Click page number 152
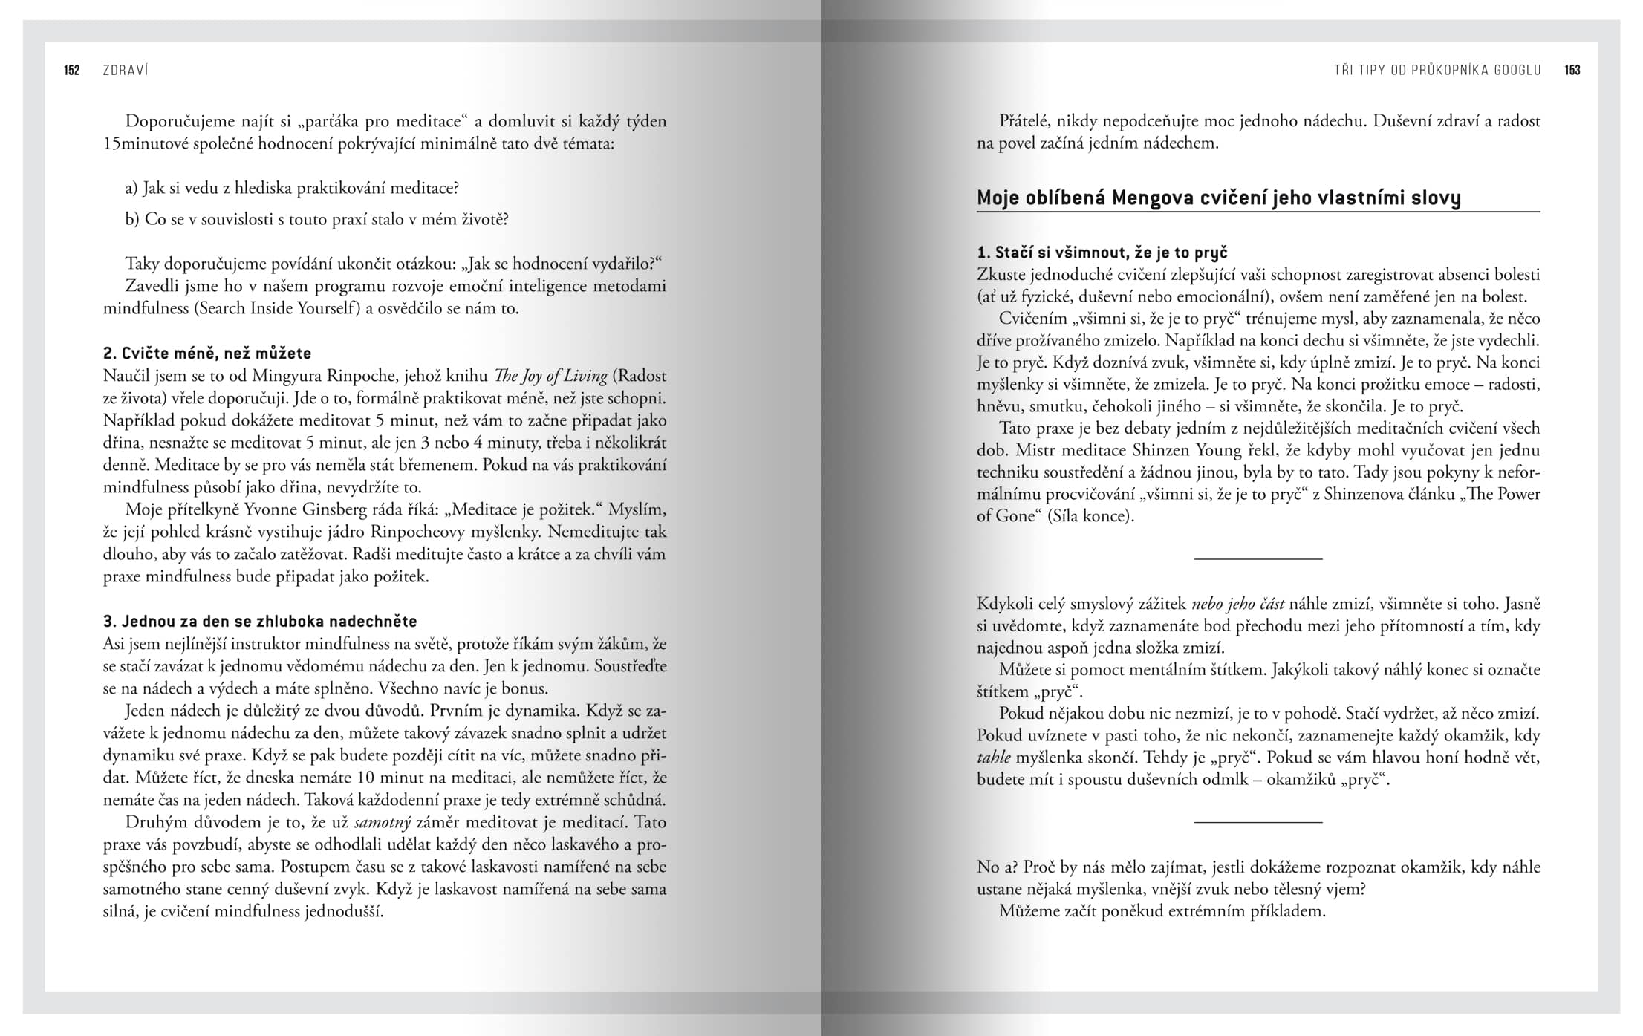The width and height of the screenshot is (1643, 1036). click(72, 71)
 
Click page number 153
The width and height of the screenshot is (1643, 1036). click(1572, 71)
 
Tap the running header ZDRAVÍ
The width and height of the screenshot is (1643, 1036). click(126, 71)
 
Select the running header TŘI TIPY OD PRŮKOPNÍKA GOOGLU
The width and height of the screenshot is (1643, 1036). click(1437, 71)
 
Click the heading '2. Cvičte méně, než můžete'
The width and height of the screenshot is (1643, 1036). click(206, 354)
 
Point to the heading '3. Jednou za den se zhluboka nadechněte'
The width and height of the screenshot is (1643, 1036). click(260, 622)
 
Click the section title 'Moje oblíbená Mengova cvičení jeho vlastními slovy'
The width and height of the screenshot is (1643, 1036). click(1218, 198)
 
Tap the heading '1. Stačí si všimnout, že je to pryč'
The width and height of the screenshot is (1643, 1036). click(1102, 253)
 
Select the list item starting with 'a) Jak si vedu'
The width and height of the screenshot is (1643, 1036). click(292, 189)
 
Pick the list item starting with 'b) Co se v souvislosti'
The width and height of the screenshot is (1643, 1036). click(316, 220)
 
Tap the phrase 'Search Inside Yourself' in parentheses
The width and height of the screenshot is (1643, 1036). click(279, 309)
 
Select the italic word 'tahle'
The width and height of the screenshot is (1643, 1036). click(993, 758)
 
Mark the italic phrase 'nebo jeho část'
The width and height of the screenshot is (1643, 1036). click(1238, 604)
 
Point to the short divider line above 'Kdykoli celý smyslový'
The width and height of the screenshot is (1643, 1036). click(1258, 558)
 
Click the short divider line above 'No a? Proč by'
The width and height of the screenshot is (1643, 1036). click(1258, 821)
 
